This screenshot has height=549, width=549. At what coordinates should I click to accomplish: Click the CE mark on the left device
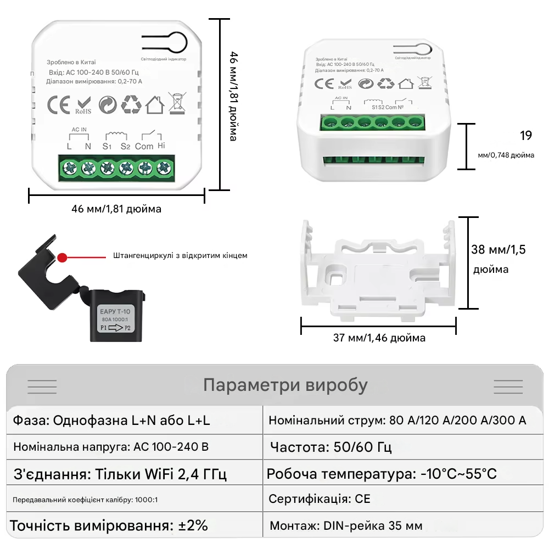click(58, 104)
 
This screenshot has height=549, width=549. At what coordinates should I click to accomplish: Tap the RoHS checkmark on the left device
click(83, 104)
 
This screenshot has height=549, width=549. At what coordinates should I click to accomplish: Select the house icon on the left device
click(155, 104)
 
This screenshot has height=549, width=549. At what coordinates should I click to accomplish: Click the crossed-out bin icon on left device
click(176, 103)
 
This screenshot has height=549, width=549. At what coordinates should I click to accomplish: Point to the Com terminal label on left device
click(144, 146)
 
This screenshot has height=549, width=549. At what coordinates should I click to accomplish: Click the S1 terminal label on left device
click(107, 146)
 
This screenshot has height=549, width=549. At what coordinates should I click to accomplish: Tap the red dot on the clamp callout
click(63, 256)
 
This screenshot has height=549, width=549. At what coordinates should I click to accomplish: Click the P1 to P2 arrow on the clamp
click(116, 328)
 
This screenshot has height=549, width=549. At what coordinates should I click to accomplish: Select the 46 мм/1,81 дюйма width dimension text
click(116, 209)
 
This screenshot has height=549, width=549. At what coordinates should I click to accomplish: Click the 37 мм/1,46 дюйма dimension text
click(379, 338)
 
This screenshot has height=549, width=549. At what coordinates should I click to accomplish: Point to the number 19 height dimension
click(525, 136)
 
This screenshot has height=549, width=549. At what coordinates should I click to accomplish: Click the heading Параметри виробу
click(285, 385)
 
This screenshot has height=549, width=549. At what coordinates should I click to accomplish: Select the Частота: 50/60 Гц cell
click(330, 447)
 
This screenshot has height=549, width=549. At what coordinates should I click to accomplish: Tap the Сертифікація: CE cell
click(319, 498)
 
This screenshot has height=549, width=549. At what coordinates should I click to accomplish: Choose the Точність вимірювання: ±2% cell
click(109, 525)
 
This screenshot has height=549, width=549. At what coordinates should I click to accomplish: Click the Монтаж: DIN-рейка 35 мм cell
click(346, 526)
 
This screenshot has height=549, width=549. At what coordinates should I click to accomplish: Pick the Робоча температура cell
click(382, 474)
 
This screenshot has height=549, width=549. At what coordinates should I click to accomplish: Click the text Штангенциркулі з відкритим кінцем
click(180, 256)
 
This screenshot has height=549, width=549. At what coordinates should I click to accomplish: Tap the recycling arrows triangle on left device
click(131, 104)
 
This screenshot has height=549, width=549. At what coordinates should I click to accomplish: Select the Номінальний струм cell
click(397, 421)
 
